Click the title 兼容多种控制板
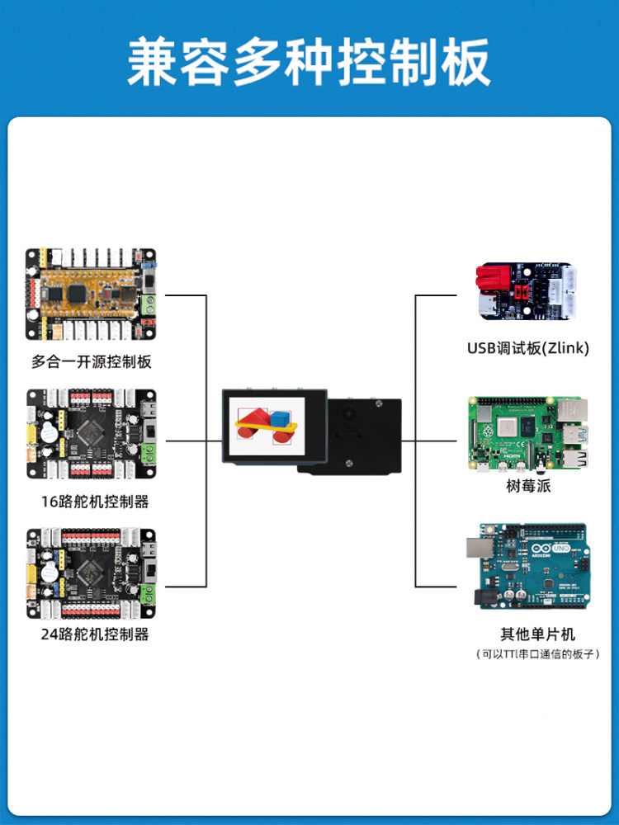coord(309,62)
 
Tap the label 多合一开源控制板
coord(92,361)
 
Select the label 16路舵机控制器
coord(92,501)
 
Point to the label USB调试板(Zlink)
coord(528,348)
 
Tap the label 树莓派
coord(528,486)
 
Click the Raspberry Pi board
coord(528,434)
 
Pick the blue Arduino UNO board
coord(527,565)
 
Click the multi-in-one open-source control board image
coord(91,295)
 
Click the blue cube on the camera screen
coord(283,419)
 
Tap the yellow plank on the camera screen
coord(262,430)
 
